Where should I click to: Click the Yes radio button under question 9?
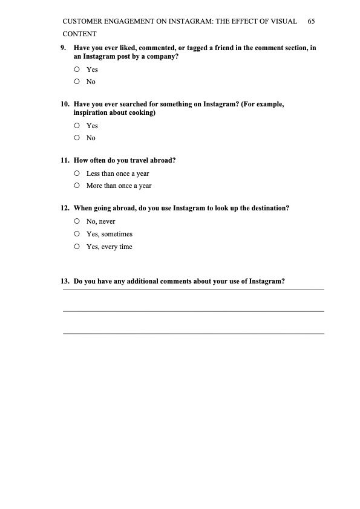coord(77,70)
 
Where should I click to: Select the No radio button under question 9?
coord(77,82)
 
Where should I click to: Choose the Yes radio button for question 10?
coord(77,126)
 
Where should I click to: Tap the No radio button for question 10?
coord(77,138)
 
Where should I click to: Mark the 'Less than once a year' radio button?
coord(77,173)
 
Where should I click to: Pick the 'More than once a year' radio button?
coord(77,186)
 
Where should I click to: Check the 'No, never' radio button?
coord(77,221)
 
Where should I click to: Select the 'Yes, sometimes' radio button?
coord(77,234)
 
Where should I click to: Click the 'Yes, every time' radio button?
coord(77,247)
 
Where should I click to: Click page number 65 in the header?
coord(311,21)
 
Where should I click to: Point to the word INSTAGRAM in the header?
coord(182,21)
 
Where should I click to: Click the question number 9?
coord(63,48)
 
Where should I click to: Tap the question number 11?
coord(64,161)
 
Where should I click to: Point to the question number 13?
coord(64,281)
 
